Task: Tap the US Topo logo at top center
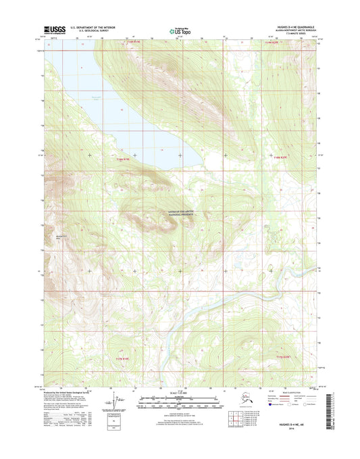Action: coord(180,30)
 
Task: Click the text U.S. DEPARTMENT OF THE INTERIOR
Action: coord(98,27)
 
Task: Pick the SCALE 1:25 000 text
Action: coord(180,392)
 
